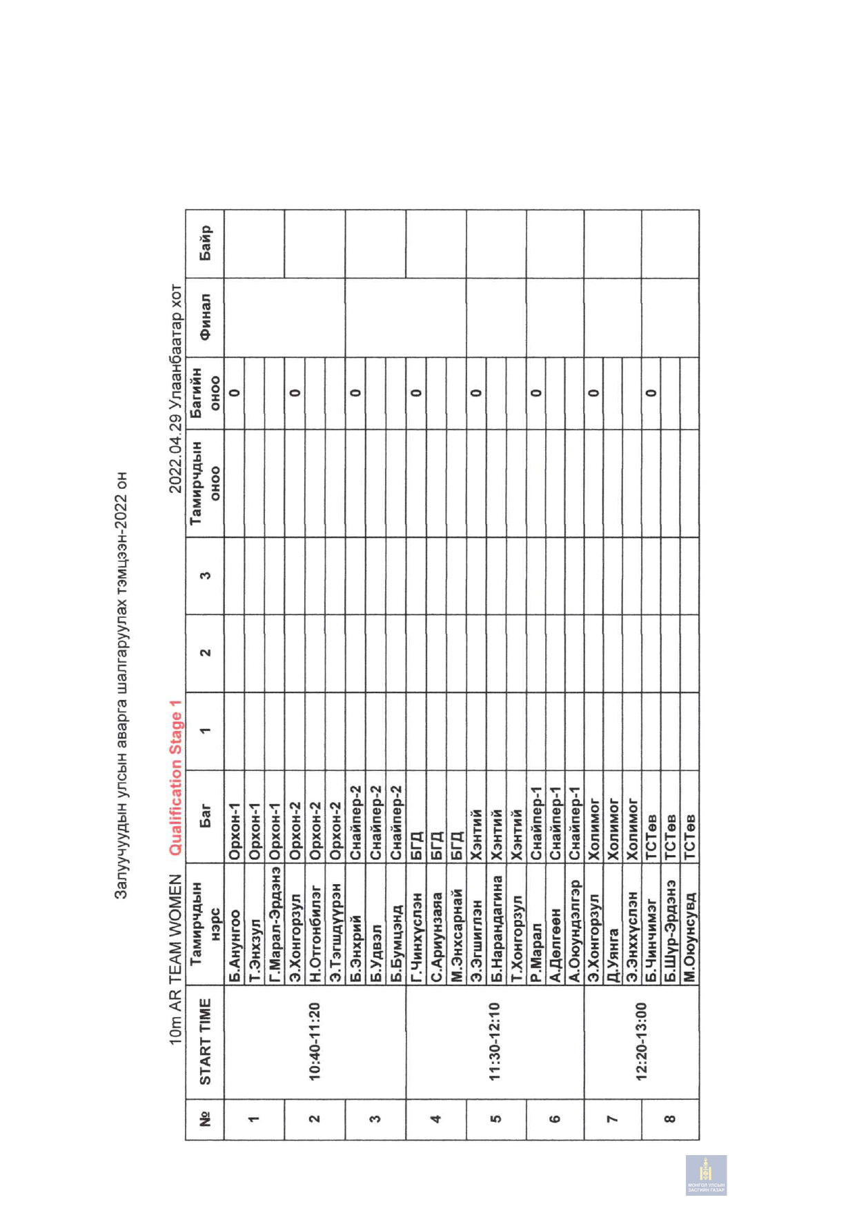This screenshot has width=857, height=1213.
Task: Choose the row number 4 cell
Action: (435, 1119)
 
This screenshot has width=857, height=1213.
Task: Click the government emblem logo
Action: (706, 1175)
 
